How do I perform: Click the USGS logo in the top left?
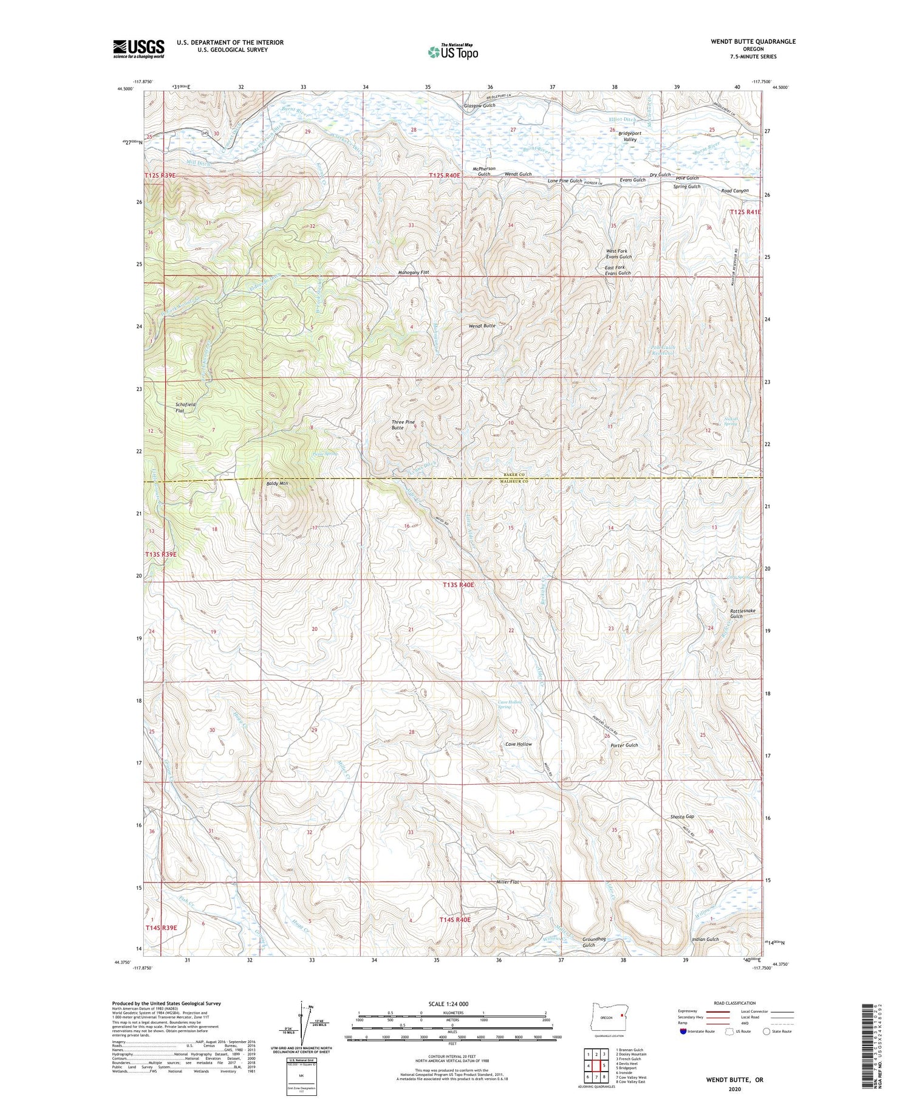tap(138, 49)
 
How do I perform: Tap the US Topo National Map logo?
tap(452, 52)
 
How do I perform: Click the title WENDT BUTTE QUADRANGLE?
tap(745, 41)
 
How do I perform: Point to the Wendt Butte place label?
tap(482, 326)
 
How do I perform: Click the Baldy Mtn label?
tap(277, 483)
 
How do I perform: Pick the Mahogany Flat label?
tap(413, 272)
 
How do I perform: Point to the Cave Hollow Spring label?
tap(510, 704)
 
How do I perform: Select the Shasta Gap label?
tap(682, 816)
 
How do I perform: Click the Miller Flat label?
tap(507, 881)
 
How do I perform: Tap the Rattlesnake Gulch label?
tap(736, 613)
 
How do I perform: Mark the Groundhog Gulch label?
tap(594, 942)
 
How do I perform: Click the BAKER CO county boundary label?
tap(513, 474)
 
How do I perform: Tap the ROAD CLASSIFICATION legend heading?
tap(735, 1003)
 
